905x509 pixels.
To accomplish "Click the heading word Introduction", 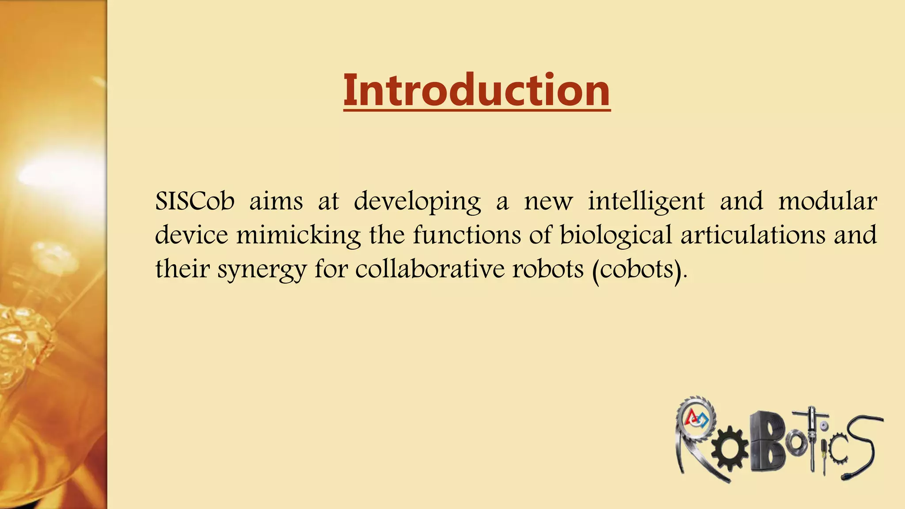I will pos(477,90).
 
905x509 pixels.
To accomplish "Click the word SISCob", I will pos(194,201).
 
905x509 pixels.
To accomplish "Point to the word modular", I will pos(827,201).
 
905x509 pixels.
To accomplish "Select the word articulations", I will pos(753,235).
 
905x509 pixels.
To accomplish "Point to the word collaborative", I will pos(430,269).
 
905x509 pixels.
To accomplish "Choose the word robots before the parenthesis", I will pos(548,269).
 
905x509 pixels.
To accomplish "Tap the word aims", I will pos(276,201).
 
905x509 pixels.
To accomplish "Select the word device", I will pos(191,235).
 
